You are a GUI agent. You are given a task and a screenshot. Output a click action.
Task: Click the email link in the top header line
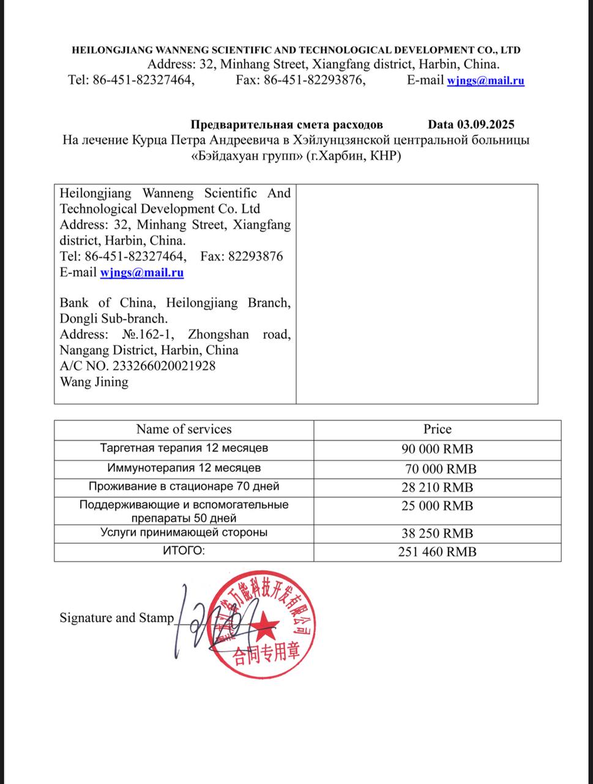click(x=485, y=80)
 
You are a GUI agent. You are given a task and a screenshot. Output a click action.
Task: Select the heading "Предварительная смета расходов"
click(x=286, y=124)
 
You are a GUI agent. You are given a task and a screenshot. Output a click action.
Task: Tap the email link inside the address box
click(x=141, y=273)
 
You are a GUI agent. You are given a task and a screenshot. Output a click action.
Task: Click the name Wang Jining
click(x=94, y=382)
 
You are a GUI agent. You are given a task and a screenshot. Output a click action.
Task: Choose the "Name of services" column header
click(x=184, y=429)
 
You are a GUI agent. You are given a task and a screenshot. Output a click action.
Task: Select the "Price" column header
click(x=437, y=429)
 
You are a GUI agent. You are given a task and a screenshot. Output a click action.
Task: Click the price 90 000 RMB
click(x=437, y=449)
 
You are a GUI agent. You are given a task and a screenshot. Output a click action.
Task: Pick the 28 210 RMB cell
click(x=437, y=488)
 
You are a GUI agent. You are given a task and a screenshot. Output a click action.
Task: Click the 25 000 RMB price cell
click(x=437, y=506)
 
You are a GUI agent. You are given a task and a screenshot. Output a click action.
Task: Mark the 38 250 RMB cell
click(x=437, y=533)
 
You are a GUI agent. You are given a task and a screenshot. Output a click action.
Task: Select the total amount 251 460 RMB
click(x=437, y=551)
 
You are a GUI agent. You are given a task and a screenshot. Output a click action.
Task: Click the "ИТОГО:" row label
click(x=184, y=551)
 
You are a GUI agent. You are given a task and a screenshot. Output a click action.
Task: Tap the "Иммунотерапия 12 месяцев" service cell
click(x=184, y=468)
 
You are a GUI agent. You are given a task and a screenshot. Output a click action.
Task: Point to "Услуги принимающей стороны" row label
click(x=184, y=532)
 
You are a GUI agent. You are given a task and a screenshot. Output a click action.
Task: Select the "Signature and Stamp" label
click(x=117, y=617)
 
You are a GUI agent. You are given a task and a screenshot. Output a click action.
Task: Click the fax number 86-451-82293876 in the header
click(x=314, y=80)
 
